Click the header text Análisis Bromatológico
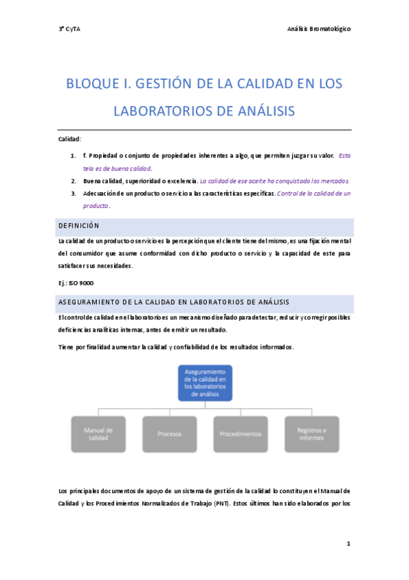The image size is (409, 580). [320, 29]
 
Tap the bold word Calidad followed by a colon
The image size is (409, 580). [69, 139]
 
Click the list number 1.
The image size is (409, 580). [73, 156]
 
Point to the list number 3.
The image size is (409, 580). [73, 194]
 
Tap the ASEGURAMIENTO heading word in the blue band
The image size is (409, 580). [95, 302]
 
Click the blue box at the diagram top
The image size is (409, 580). [205, 382]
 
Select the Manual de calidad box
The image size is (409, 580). [98, 434]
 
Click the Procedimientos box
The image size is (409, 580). [240, 434]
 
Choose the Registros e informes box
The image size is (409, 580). [311, 434]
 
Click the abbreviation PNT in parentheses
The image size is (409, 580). [221, 503]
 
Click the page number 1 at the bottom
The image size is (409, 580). [348, 544]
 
